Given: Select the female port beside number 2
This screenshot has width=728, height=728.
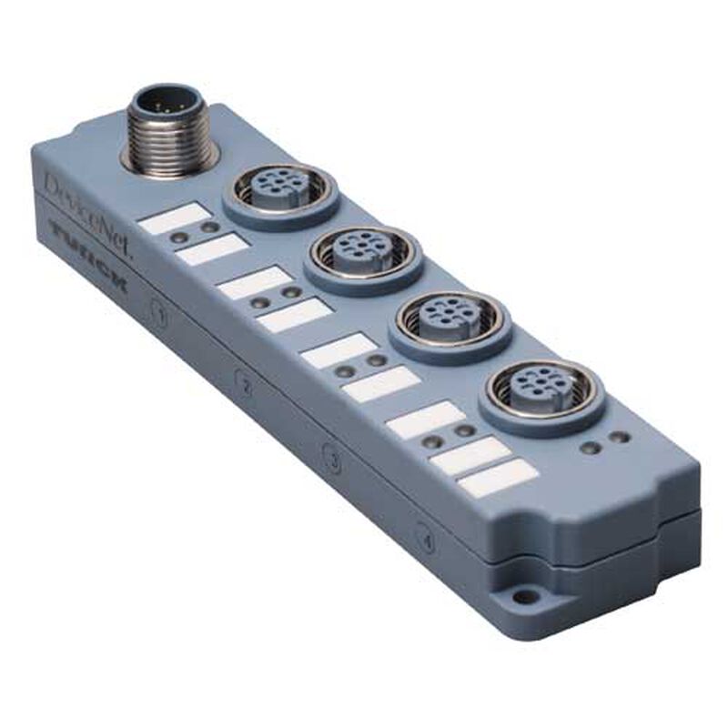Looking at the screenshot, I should (x=363, y=255).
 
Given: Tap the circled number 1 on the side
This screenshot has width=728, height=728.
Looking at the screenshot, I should (x=160, y=318).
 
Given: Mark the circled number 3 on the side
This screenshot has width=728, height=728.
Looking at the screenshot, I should (x=334, y=461).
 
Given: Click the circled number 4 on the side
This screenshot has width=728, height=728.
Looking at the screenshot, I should (x=423, y=535).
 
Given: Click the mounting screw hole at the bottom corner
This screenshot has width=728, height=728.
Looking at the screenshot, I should (x=521, y=598).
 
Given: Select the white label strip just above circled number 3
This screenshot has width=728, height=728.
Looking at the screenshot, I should (x=381, y=385).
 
